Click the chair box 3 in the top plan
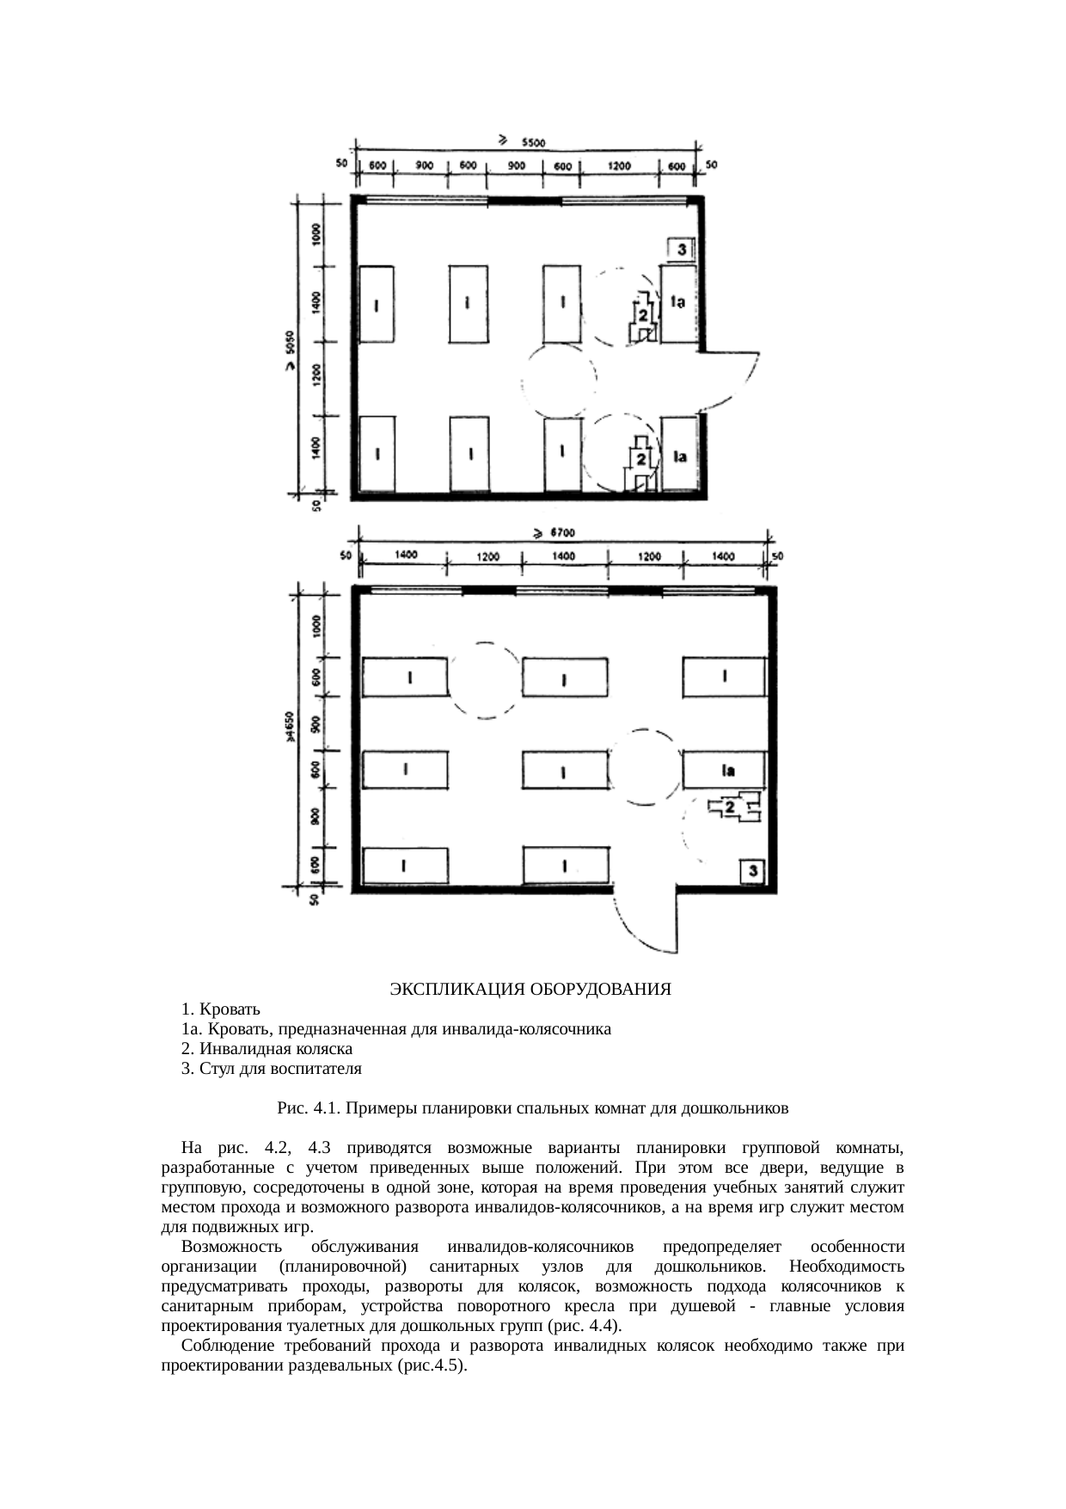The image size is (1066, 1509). coord(681,249)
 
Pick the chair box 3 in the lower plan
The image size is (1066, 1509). coord(752,872)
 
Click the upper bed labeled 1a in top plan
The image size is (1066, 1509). coord(677,303)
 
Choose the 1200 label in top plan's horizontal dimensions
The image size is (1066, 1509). coord(619,166)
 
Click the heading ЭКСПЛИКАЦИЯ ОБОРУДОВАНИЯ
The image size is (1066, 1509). coord(530,990)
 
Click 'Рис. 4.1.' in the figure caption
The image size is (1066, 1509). coord(309,1108)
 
